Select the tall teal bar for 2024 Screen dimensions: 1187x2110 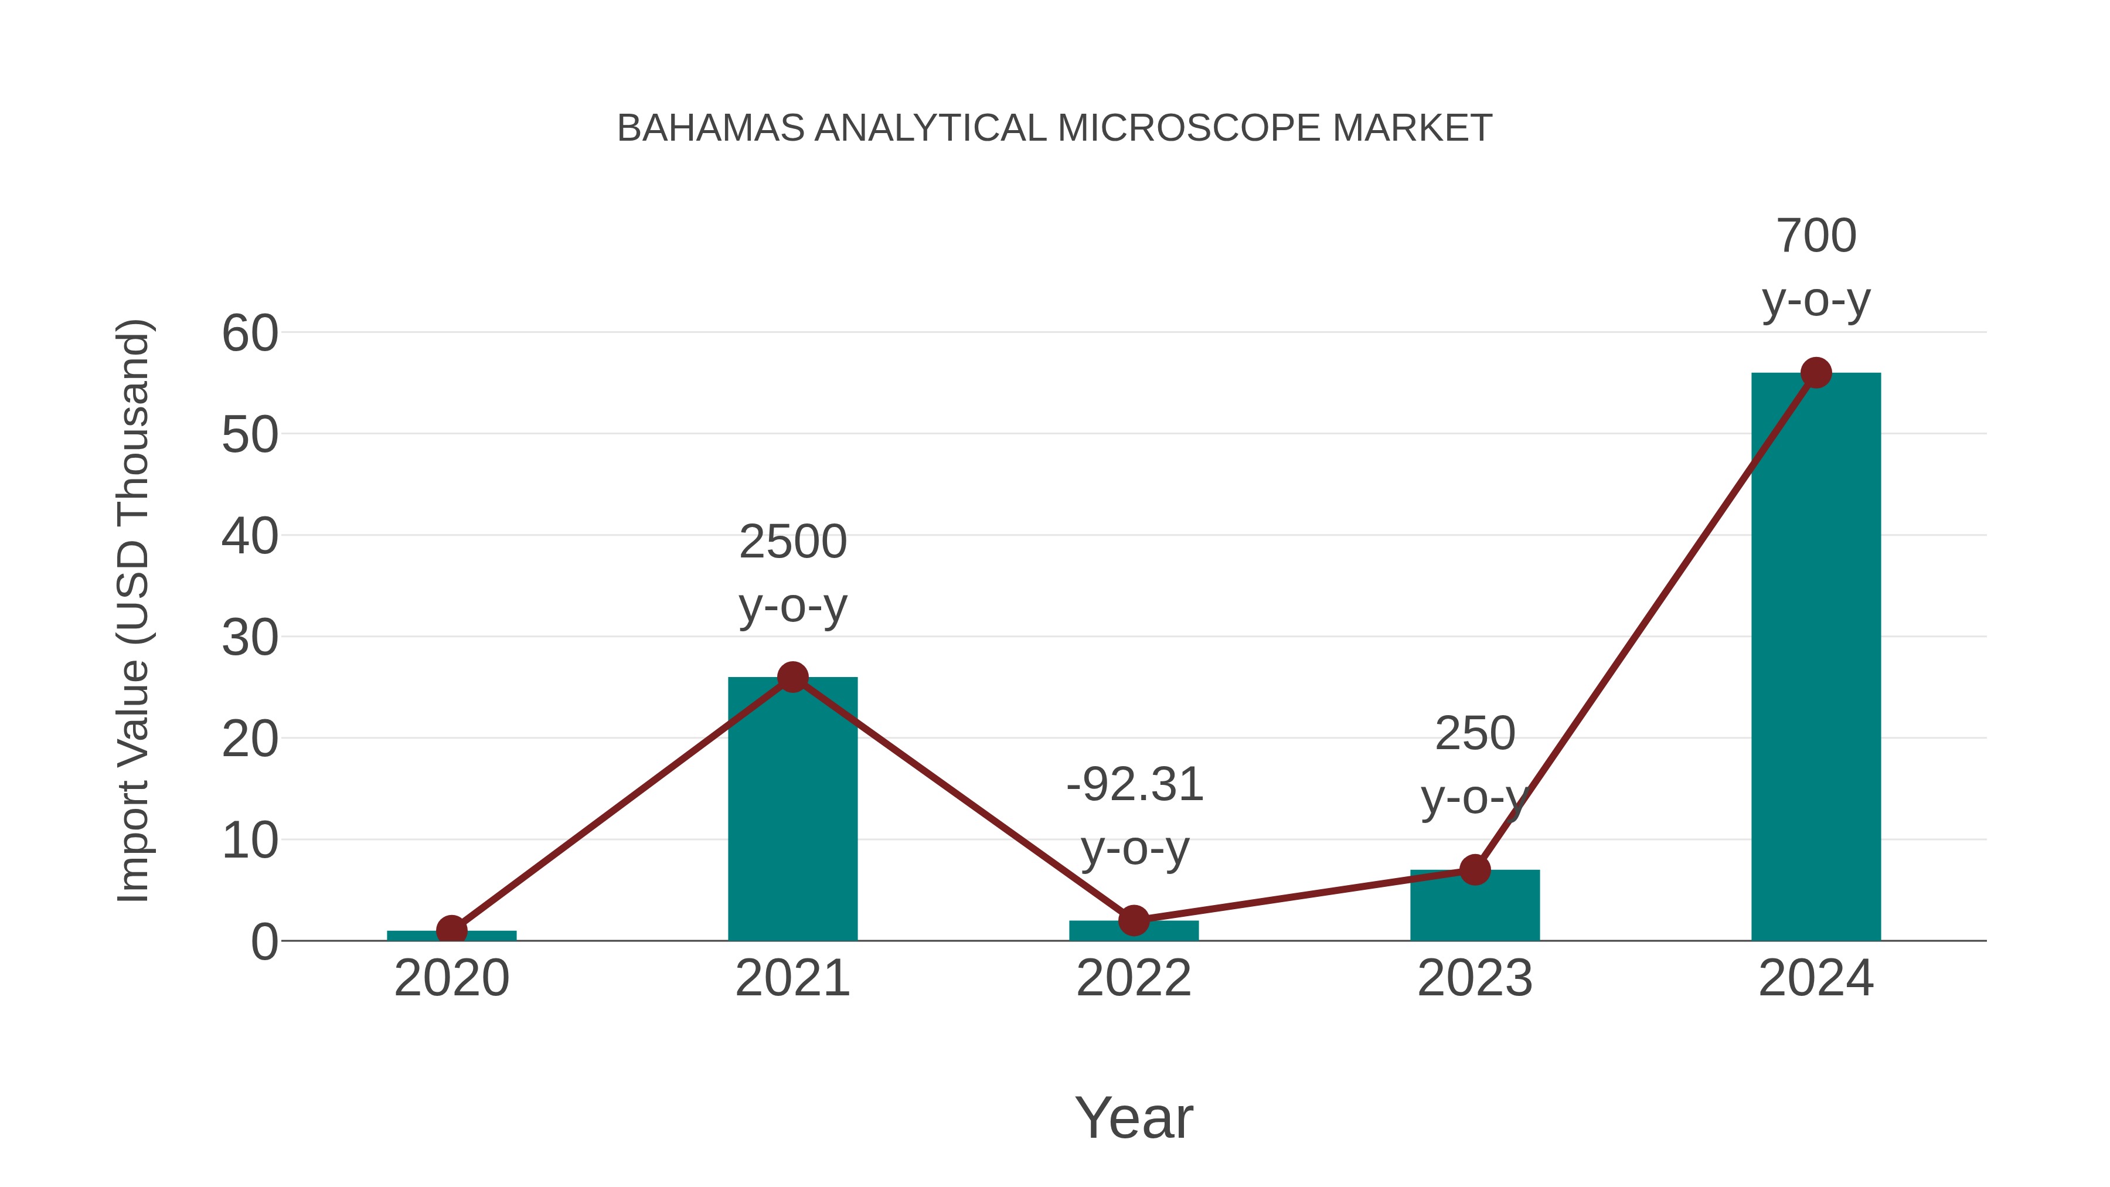click(1815, 655)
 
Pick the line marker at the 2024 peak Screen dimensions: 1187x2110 click(1816, 373)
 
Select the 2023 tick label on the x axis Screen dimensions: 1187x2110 click(1475, 978)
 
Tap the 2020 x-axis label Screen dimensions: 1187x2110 click(451, 978)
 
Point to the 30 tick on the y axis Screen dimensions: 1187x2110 click(250, 638)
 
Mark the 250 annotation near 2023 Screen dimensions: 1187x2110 click(1475, 733)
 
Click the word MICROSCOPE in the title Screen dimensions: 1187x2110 click(1189, 128)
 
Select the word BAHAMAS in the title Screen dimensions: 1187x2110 click(710, 128)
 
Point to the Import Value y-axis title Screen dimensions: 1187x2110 click(132, 610)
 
